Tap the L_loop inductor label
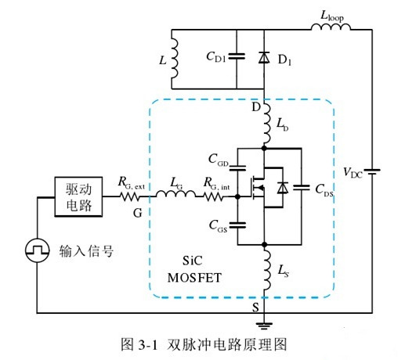point(332,15)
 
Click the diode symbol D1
point(264,57)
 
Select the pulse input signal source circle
point(38,251)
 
